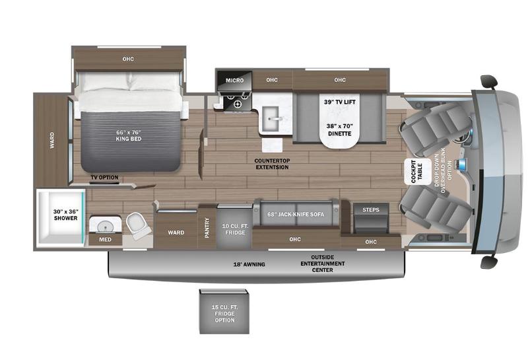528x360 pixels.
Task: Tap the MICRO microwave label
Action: pyautogui.click(x=234, y=81)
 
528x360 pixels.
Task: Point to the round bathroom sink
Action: pyautogui.click(x=104, y=227)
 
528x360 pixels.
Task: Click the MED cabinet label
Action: pyautogui.click(x=104, y=239)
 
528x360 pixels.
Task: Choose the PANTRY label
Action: pyautogui.click(x=207, y=228)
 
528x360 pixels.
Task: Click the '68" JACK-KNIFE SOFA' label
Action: pyautogui.click(x=296, y=214)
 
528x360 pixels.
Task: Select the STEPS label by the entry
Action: pyautogui.click(x=371, y=209)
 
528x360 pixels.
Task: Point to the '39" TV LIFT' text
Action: pyautogui.click(x=339, y=102)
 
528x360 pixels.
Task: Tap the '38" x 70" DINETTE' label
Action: pyautogui.click(x=339, y=129)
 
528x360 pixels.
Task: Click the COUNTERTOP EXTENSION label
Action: pyautogui.click(x=272, y=164)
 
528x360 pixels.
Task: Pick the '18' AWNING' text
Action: pyautogui.click(x=248, y=264)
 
